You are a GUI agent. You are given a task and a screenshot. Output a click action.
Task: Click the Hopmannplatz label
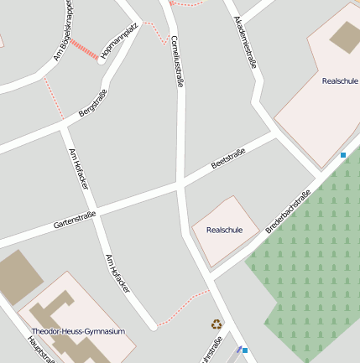pos(117,43)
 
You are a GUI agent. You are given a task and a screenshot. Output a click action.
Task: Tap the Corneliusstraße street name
pos(176,61)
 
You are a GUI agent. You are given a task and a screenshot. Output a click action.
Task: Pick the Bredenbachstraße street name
pos(288,212)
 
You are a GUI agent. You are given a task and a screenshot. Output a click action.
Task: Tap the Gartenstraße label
pos(75,220)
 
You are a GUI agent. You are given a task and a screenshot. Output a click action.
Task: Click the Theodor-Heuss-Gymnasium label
pos(78,331)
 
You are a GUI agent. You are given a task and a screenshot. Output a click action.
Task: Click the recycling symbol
pos(217,324)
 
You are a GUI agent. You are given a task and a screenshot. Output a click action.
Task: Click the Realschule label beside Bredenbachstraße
pos(224,230)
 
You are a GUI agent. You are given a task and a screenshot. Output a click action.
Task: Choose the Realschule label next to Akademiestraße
pos(339,81)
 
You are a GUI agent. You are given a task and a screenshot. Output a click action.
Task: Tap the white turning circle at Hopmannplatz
pos(102,60)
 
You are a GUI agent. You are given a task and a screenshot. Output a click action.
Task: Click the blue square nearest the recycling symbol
pos(245,350)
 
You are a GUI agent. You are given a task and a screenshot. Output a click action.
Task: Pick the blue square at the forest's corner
pos(343,155)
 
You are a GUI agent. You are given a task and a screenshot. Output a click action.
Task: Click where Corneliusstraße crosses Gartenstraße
pos(180,182)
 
